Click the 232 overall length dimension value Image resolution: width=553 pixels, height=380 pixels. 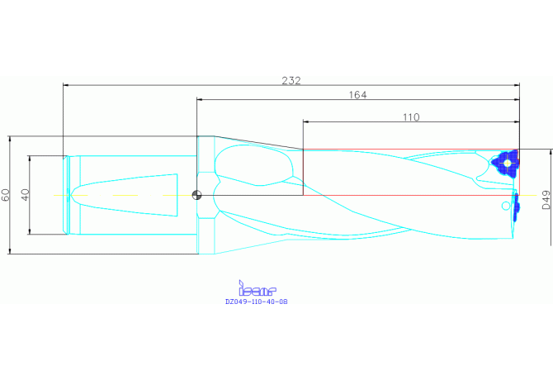[291, 81]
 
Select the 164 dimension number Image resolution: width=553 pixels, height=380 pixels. [357, 95]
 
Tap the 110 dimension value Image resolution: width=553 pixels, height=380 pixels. [411, 117]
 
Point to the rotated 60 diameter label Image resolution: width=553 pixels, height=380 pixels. [6, 195]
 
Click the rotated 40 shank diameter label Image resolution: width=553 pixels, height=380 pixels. [26, 195]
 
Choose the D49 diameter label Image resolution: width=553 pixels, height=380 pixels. [546, 200]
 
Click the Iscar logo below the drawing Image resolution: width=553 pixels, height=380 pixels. [257, 288]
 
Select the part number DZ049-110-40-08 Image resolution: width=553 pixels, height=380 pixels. [257, 302]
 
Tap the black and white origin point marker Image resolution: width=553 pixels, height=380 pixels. [196, 195]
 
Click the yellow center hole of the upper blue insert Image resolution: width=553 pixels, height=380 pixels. [507, 164]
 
